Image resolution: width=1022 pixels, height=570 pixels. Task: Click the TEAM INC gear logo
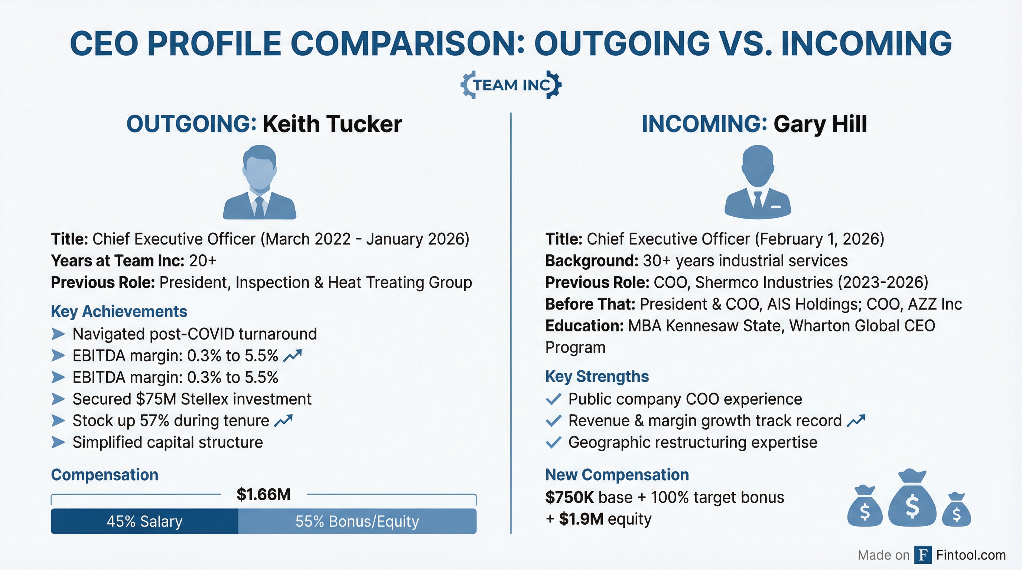pyautogui.click(x=511, y=85)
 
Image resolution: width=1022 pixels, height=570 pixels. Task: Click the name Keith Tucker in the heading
pyautogui.click(x=332, y=124)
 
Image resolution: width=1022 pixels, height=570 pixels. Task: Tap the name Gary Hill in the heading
pyautogui.click(x=820, y=124)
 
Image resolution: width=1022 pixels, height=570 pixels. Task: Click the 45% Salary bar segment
pyautogui.click(x=144, y=521)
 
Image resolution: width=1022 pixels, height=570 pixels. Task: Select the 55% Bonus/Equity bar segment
pyautogui.click(x=357, y=521)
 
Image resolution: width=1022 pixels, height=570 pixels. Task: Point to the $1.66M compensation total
pyautogui.click(x=263, y=494)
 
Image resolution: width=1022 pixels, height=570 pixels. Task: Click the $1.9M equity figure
pyautogui.click(x=581, y=519)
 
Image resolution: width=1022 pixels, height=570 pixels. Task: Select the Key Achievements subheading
pyautogui.click(x=119, y=312)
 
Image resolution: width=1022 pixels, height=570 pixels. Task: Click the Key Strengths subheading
pyautogui.click(x=597, y=377)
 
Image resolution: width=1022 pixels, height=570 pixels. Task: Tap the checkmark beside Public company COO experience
pyautogui.click(x=553, y=399)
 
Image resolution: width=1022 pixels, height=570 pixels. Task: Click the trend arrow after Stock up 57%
pyautogui.click(x=283, y=420)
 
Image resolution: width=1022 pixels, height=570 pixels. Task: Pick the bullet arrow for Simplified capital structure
pyautogui.click(x=58, y=442)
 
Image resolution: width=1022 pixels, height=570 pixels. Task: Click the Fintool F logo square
pyautogui.click(x=923, y=555)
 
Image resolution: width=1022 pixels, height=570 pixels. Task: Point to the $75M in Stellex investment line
pyautogui.click(x=156, y=399)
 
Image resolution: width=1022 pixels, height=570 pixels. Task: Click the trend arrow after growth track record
pyautogui.click(x=856, y=420)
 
